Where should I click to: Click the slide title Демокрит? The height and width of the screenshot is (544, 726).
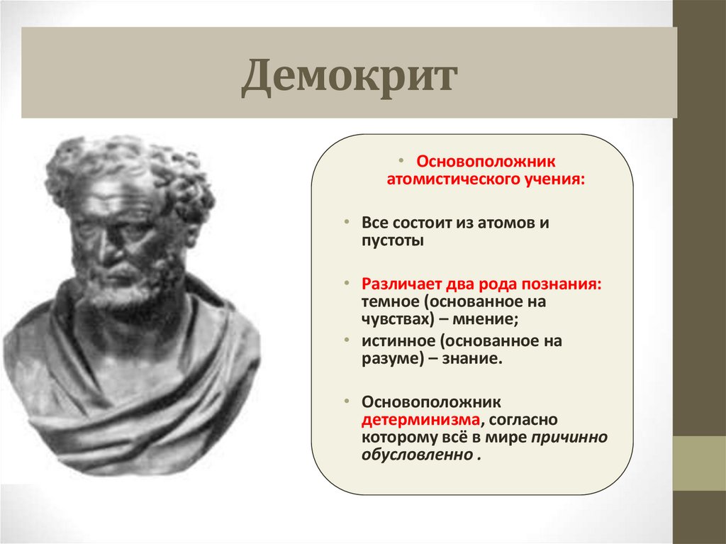click(x=350, y=77)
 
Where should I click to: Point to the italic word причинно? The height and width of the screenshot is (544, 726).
click(x=569, y=437)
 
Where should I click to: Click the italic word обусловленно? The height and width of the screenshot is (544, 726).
click(x=416, y=455)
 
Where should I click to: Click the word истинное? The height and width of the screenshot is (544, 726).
click(x=394, y=341)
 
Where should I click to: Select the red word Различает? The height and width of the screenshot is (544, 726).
click(x=401, y=282)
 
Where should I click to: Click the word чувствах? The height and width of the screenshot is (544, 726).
click(x=393, y=319)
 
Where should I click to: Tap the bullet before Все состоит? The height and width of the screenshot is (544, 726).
click(x=348, y=222)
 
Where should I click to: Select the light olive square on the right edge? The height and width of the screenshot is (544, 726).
click(x=699, y=463)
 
